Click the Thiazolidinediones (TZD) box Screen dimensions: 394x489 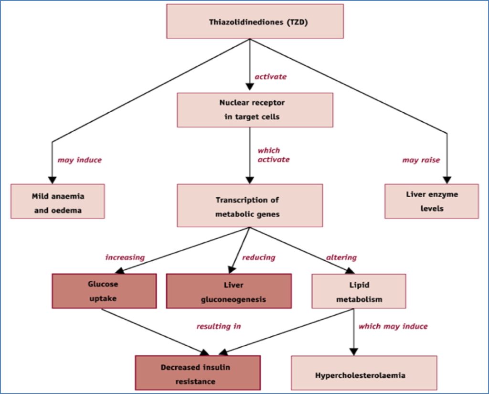[x=255, y=21]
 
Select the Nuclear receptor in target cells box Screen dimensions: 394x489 [x=255, y=110]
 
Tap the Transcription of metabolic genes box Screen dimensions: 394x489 [x=250, y=206]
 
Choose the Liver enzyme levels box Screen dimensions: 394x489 [x=431, y=202]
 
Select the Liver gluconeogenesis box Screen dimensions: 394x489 [x=229, y=291]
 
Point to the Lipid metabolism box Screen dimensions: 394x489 [x=358, y=291]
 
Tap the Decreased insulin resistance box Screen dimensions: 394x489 [x=197, y=374]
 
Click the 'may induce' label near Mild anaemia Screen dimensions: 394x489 [x=79, y=160]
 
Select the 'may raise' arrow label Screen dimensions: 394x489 [x=421, y=160]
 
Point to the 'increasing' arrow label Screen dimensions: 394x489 [x=125, y=257]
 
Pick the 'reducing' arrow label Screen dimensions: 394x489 [x=259, y=257]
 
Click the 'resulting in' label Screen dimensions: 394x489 [x=219, y=327]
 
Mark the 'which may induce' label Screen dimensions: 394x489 [x=393, y=327]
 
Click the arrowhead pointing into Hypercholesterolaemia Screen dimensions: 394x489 [x=353, y=352]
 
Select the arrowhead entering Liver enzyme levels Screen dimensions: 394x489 [x=447, y=180]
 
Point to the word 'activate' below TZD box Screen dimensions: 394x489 [x=270, y=76]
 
